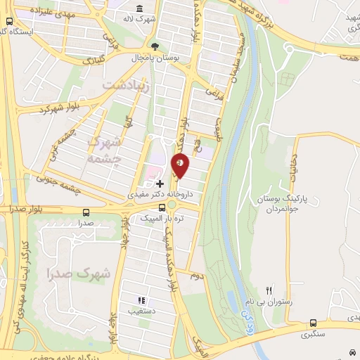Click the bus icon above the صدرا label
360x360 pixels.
coord(86,212)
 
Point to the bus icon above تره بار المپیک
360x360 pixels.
coord(171,205)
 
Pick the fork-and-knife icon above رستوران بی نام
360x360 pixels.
coord(268,290)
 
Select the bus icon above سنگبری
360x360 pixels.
coord(313,323)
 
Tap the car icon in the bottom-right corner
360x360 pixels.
coord(351,351)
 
